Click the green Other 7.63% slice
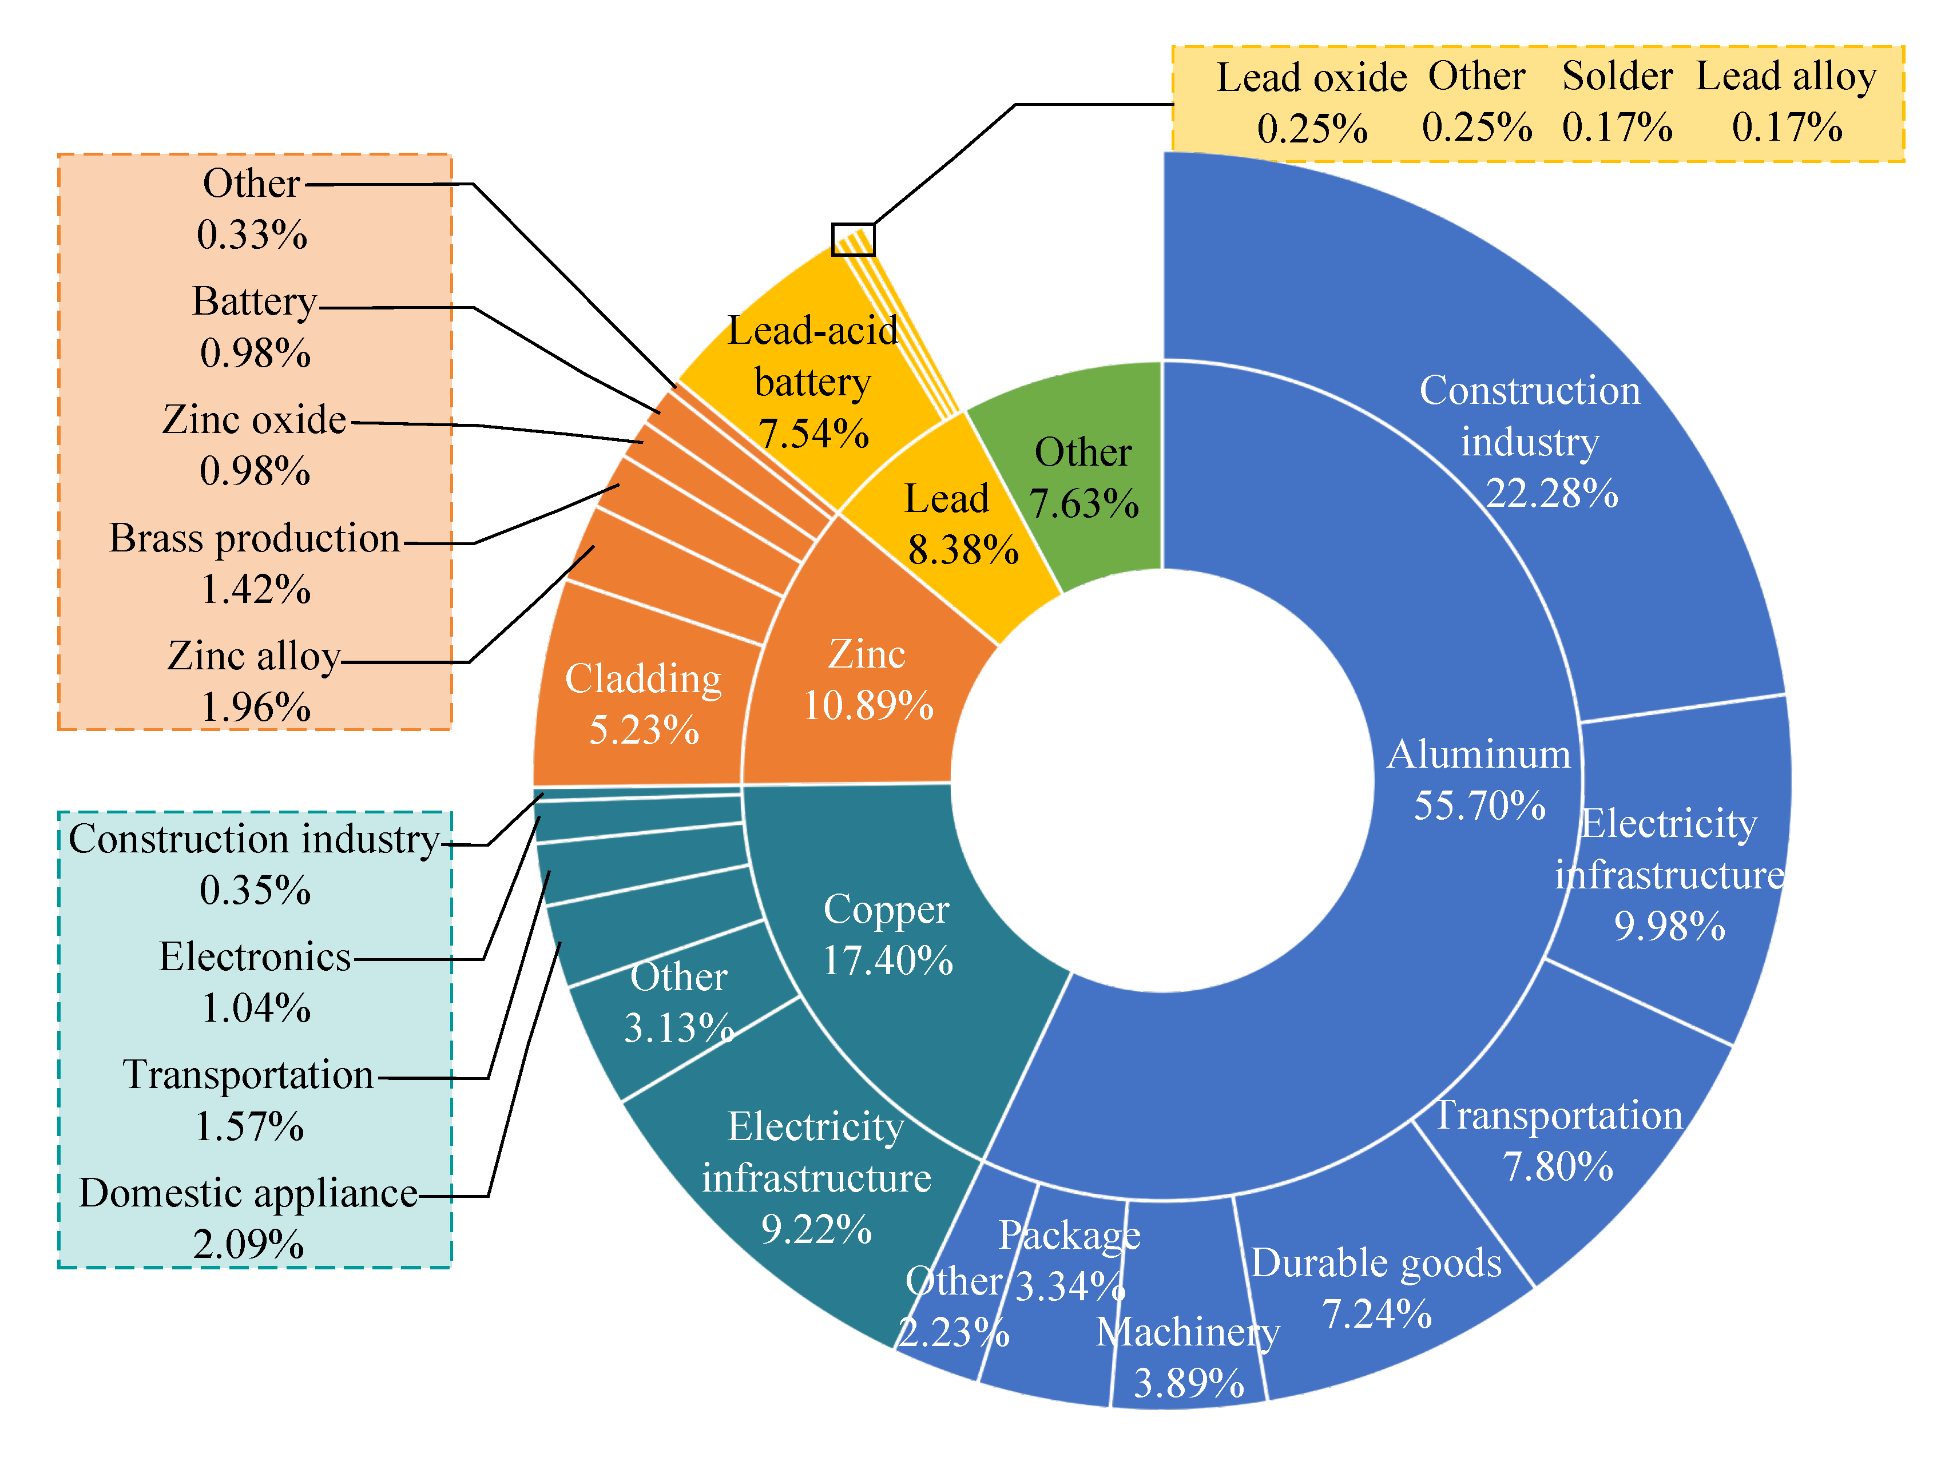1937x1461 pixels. pyautogui.click(x=1083, y=477)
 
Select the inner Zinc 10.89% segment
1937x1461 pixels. pyautogui.click(x=867, y=680)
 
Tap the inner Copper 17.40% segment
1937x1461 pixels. pyautogui.click(x=886, y=934)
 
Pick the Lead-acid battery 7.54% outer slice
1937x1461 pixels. pyautogui.click(x=813, y=382)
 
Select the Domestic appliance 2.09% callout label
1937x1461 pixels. pyautogui.click(x=249, y=1217)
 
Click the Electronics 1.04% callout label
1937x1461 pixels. pyautogui.click(x=255, y=982)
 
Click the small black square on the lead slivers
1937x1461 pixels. pyautogui.click(x=852, y=239)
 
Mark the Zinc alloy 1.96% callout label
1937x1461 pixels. pyautogui.click(x=255, y=681)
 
